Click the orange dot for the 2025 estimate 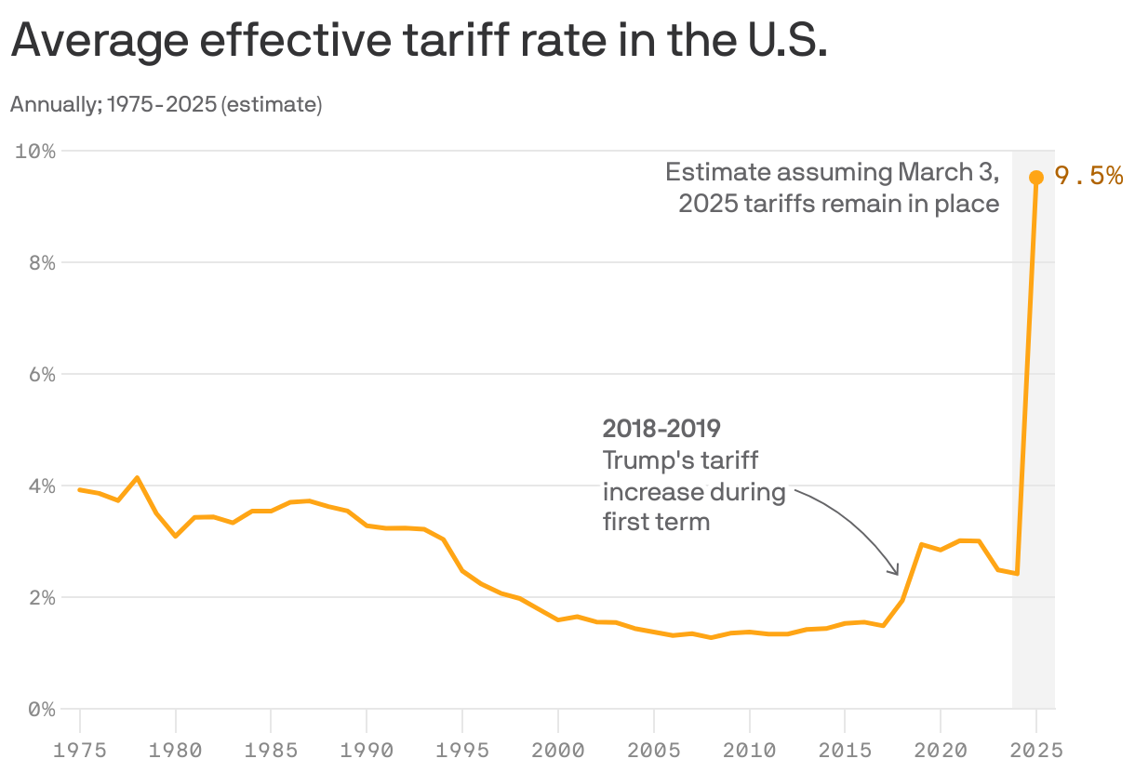point(1035,178)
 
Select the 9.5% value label point(1088,176)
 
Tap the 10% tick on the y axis point(35,151)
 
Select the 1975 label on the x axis point(79,748)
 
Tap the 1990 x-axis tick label point(367,748)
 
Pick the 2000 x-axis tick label point(557,748)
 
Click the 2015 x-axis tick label point(844,748)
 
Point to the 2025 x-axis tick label point(1035,748)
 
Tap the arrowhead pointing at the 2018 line point(896,571)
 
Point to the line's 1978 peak point(138,478)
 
